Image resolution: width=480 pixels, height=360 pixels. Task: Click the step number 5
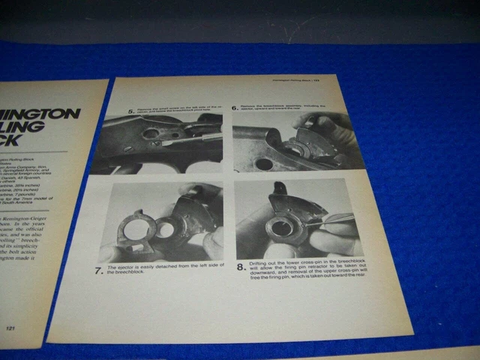(131, 112)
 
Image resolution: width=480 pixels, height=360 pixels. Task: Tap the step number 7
(100, 270)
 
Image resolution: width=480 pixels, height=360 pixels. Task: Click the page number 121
(11, 328)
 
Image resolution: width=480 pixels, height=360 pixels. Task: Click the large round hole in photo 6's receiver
(263, 163)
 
